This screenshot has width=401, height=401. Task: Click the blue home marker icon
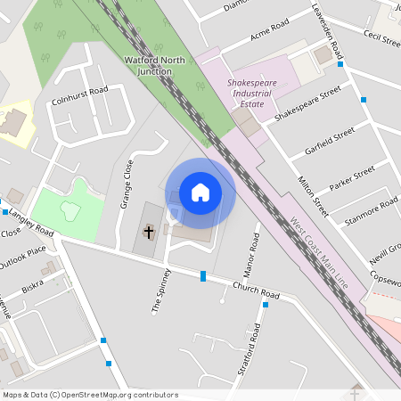click(200, 192)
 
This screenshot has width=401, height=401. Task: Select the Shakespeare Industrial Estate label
click(246, 93)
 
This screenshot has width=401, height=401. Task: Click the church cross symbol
click(149, 232)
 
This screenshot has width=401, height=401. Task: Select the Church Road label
click(256, 291)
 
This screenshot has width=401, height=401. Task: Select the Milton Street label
click(313, 197)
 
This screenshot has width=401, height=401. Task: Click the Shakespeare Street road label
click(307, 104)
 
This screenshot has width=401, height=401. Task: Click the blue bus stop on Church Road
click(204, 276)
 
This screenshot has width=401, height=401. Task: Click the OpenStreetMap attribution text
click(89, 395)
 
